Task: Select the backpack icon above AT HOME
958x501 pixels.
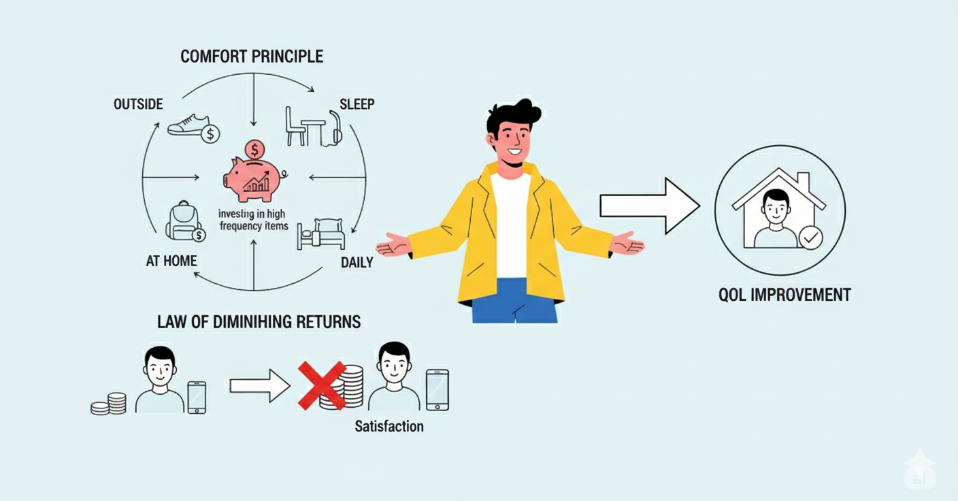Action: click(x=184, y=221)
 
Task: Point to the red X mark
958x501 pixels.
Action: click(x=322, y=385)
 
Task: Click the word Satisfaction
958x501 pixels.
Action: click(x=389, y=426)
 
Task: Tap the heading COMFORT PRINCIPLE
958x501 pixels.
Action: click(x=252, y=56)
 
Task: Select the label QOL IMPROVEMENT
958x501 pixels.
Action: click(x=784, y=295)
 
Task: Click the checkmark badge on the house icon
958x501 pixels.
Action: click(x=810, y=238)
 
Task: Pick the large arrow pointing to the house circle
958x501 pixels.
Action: click(x=650, y=206)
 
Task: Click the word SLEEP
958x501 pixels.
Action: click(x=357, y=104)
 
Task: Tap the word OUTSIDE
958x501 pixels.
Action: click(x=138, y=104)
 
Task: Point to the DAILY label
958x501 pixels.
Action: click(x=357, y=262)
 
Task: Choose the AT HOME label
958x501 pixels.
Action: click(x=171, y=261)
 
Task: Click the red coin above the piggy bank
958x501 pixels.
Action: click(x=255, y=150)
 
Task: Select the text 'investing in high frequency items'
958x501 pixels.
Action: click(x=253, y=219)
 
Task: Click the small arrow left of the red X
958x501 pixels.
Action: click(x=260, y=386)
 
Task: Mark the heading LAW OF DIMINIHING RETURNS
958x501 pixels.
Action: click(x=259, y=322)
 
